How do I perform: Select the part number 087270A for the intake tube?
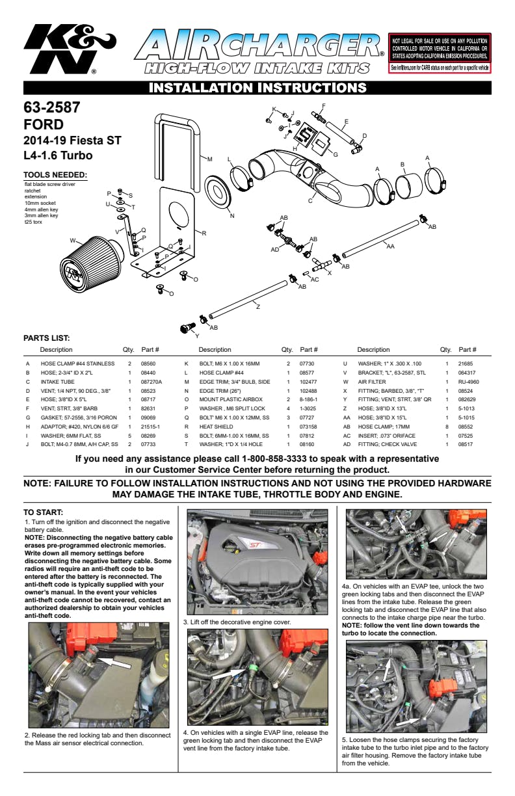pyautogui.click(x=151, y=382)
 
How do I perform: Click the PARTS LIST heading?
pyautogui.click(x=46, y=338)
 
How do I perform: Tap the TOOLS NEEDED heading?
pyautogui.click(x=55, y=175)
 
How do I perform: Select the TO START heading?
pyautogui.click(x=43, y=513)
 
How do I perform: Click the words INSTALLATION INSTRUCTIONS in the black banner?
pyautogui.click(x=258, y=88)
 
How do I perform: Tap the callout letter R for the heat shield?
pyautogui.click(x=204, y=233)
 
